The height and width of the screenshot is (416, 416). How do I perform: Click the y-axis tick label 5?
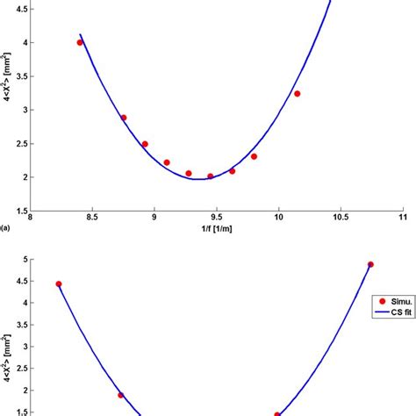click(x=24, y=261)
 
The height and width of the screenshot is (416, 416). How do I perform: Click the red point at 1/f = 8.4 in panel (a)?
click(x=80, y=42)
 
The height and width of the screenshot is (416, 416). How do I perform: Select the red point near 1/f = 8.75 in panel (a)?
click(x=124, y=118)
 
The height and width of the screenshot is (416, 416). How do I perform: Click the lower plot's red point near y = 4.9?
click(x=370, y=264)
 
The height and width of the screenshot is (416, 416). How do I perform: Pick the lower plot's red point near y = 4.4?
click(x=59, y=284)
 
